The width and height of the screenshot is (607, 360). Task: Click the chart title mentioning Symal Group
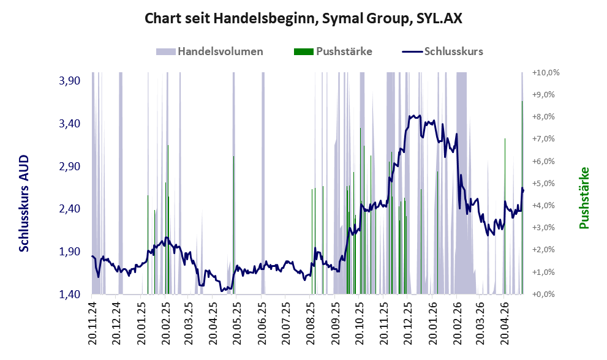pos(303,18)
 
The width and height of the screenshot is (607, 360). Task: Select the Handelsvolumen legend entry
pos(209,51)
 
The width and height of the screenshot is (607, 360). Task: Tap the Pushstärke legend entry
pos(333,51)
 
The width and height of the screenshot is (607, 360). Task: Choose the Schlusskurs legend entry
pos(442,51)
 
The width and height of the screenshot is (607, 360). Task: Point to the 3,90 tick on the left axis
pos(70,81)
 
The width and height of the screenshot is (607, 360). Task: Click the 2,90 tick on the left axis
pos(70,167)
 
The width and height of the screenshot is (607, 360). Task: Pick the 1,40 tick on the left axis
pos(70,294)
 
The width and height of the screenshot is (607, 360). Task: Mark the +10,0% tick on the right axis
pos(546,73)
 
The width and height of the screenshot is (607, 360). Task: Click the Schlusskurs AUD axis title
pos(24,203)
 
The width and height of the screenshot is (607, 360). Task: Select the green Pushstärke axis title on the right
pos(584,198)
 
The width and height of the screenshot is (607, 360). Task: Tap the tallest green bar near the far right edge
pos(522,197)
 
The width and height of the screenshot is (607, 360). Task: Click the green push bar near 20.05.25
pos(233,225)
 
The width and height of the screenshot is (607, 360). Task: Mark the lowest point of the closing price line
pos(221,291)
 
